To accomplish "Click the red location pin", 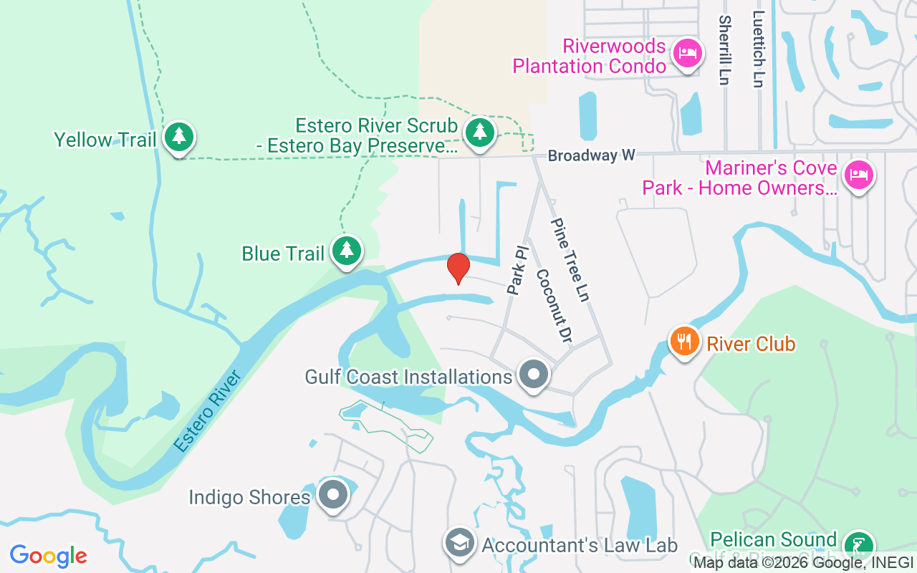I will click(458, 268).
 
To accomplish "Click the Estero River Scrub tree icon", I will click(480, 132).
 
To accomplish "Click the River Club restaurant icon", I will click(685, 341).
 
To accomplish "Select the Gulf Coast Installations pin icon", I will click(534, 375).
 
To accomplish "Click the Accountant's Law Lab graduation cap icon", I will click(459, 544).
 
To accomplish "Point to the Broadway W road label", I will click(592, 155).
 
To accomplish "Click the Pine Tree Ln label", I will click(570, 259).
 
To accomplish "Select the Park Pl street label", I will click(517, 271).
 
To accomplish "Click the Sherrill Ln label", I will click(724, 50).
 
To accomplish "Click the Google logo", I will click(49, 556).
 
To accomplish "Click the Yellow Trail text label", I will click(105, 140).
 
